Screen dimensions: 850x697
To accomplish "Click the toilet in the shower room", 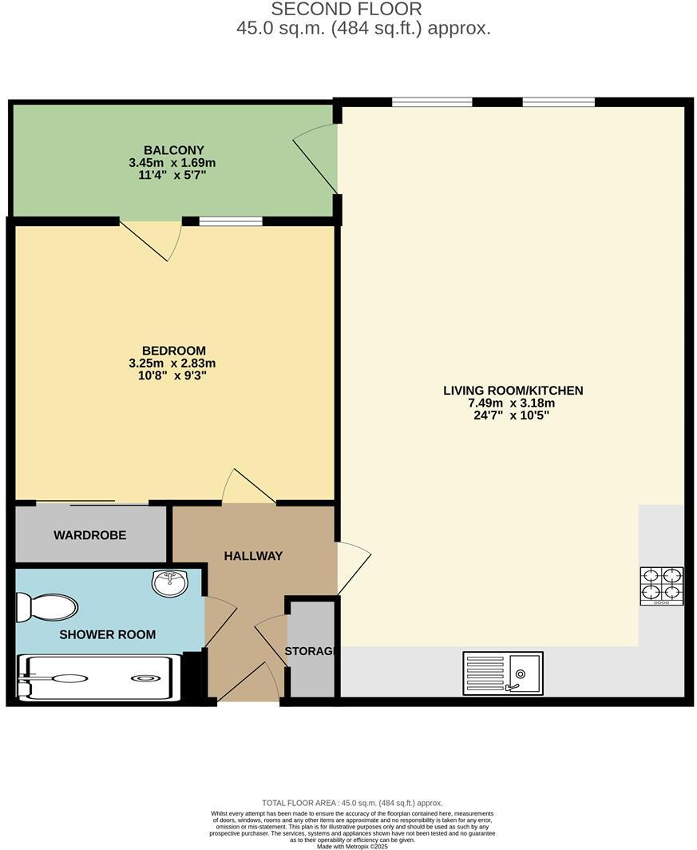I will pyautogui.click(x=48, y=607).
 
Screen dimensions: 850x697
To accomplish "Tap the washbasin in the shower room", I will pyautogui.click(x=169, y=583).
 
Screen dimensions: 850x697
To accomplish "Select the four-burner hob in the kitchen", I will pyautogui.click(x=662, y=586).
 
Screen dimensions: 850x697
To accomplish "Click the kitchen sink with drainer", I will pyautogui.click(x=503, y=672).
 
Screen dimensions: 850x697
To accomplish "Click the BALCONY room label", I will pyautogui.click(x=172, y=150).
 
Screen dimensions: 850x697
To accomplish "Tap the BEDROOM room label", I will pyautogui.click(x=173, y=351).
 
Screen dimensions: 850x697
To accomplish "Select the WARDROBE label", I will pyautogui.click(x=90, y=535).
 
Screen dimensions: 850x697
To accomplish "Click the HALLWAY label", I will pyautogui.click(x=253, y=556).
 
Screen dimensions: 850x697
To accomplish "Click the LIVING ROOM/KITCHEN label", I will pyautogui.click(x=513, y=391).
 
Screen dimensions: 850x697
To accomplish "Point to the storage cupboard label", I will pyautogui.click(x=310, y=652).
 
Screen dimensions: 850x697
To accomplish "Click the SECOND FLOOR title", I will pyautogui.click(x=347, y=10).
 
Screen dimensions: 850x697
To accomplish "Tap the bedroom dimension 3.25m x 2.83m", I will pyautogui.click(x=173, y=363).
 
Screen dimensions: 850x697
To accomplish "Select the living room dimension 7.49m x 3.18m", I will pyautogui.click(x=513, y=403).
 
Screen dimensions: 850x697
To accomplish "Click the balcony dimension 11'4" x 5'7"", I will pyautogui.click(x=172, y=175).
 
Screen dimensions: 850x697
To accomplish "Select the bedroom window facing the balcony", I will pyautogui.click(x=231, y=221).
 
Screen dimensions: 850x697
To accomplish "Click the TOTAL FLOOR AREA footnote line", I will pyautogui.click(x=352, y=803).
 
